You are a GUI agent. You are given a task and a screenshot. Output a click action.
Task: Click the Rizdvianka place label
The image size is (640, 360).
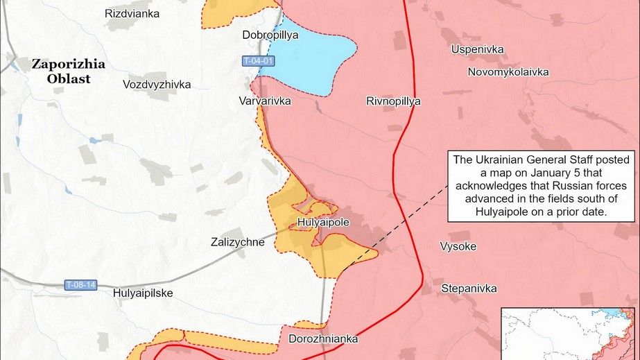tap(132, 14)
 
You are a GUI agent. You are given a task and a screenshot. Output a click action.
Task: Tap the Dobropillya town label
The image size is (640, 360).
tap(270, 35)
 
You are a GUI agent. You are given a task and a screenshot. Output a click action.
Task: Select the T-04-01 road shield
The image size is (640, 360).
tap(259, 62)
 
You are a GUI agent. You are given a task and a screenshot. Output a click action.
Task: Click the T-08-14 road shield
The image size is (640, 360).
tap(81, 284)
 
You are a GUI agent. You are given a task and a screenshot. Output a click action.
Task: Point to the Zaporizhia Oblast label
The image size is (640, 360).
tap(69, 71)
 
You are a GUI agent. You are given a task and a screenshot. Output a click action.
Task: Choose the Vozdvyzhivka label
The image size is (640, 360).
tap(156, 85)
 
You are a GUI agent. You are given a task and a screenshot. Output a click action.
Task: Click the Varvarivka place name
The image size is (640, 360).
tap(265, 101)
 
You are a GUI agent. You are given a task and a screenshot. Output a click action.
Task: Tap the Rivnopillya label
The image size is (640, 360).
tap(393, 101)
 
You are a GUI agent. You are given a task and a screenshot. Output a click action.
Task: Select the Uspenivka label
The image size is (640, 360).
tap(478, 50)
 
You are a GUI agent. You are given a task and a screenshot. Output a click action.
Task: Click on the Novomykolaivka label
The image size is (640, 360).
tap(508, 72)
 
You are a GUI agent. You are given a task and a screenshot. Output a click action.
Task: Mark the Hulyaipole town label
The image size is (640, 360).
tap(322, 223)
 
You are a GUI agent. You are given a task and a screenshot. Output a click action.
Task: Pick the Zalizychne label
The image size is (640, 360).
tap(238, 242)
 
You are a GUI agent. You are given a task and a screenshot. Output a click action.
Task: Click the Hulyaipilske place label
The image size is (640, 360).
tap(143, 293)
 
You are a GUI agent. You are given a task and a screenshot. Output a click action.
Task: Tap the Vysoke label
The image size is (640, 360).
tap(458, 246)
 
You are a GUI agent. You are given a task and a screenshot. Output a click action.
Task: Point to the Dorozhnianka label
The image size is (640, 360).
tap(324, 339)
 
